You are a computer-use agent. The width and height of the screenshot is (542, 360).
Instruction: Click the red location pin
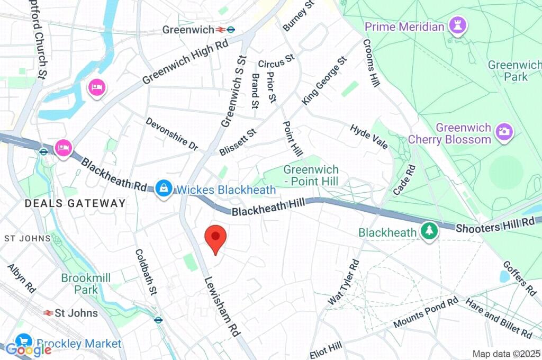tap(215, 238)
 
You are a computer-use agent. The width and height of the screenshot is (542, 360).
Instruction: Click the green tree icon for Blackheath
tap(429, 230)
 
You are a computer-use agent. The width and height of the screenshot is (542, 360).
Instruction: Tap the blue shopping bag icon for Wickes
tap(164, 188)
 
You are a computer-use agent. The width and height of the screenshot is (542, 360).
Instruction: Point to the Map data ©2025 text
tap(505, 354)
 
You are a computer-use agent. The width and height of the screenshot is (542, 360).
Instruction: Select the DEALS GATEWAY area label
tap(76, 203)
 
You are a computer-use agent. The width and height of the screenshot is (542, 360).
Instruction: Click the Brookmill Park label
tap(79, 284)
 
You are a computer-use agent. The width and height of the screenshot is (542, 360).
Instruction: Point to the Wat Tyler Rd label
tap(344, 282)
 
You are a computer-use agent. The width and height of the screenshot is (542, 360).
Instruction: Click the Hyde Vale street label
tap(369, 137)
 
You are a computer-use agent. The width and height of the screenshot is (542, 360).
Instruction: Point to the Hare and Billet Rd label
tap(499, 318)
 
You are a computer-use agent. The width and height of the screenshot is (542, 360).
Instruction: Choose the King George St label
tap(324, 80)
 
